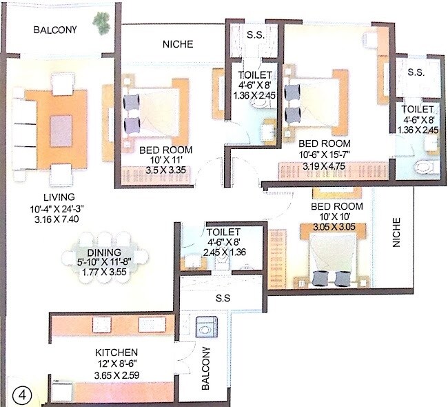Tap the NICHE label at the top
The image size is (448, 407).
click(x=178, y=45)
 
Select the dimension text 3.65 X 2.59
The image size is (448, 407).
click(x=117, y=375)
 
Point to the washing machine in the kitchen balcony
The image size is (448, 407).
click(x=207, y=326)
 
